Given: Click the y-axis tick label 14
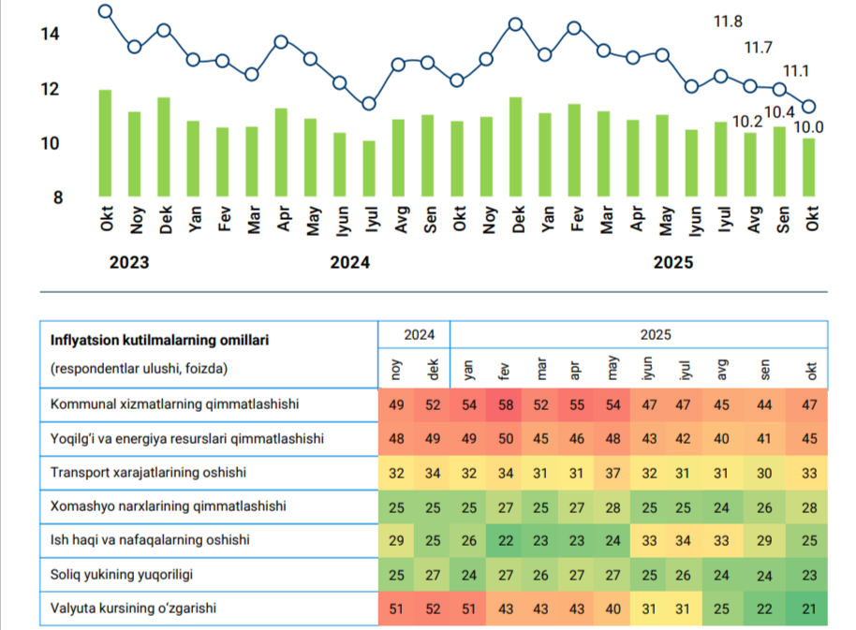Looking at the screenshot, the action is [50, 34].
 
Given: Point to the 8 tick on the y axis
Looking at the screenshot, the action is [58, 198].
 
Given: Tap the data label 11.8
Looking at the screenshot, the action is [728, 22].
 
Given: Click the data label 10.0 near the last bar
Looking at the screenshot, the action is [808, 127].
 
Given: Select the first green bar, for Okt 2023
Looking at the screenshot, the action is [105, 143].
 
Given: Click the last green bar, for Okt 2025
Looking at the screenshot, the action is [808, 168].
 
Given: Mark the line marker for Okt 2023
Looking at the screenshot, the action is [106, 11].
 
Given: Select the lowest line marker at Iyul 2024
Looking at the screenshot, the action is [369, 104].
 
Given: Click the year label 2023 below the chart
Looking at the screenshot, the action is [129, 262].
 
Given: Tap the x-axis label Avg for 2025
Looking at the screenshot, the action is [753, 219].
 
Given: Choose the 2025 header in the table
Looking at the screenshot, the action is [656, 334].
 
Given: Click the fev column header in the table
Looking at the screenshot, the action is [504, 371].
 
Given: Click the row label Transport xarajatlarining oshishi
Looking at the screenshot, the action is [148, 473].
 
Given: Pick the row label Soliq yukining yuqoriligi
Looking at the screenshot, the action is [121, 575].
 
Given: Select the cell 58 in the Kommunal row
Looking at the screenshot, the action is [506, 404].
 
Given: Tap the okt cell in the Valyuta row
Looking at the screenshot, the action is [809, 608].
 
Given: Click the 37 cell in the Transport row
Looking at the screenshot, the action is [612, 473].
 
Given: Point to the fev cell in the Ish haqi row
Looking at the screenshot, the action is [506, 540].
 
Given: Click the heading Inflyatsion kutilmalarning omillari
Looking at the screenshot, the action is [159, 341].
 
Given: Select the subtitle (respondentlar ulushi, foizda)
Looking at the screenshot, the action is [139, 369].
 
